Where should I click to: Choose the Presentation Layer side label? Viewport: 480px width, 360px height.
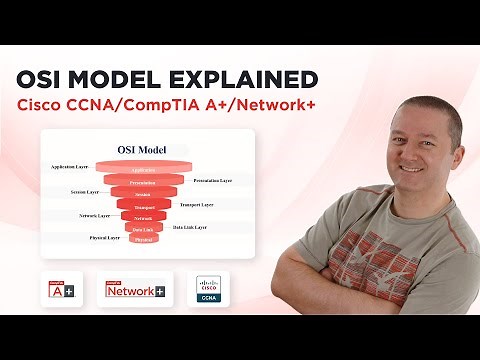coord(212,181)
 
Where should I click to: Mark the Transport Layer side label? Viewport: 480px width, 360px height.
coord(197,204)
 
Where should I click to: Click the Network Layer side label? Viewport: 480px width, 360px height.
coord(94,215)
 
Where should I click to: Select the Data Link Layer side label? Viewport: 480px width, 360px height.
coord(190,228)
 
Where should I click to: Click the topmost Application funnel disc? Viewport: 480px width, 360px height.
coord(143,170)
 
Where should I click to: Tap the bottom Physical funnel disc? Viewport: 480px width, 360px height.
coord(143,240)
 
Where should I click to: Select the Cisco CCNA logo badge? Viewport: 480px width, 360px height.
coord(210,289)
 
